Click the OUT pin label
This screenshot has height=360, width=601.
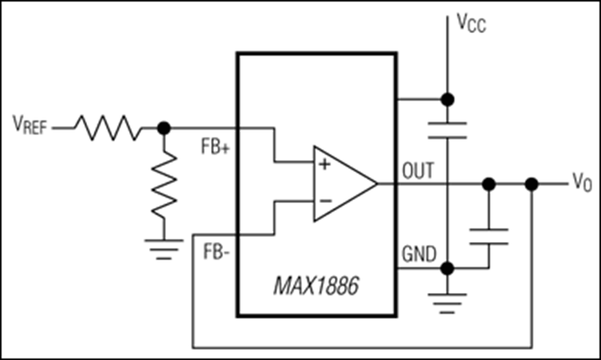(418, 171)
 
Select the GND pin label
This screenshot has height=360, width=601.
(417, 254)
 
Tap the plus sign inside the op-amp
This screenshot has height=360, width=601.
(324, 165)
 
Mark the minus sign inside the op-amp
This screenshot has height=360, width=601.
(324, 202)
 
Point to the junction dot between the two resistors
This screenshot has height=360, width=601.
(164, 127)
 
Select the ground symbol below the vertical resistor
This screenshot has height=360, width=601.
(164, 248)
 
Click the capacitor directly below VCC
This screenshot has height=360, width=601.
(447, 130)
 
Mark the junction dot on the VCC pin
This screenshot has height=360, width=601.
(447, 99)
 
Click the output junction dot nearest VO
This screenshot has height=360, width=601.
(532, 184)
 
